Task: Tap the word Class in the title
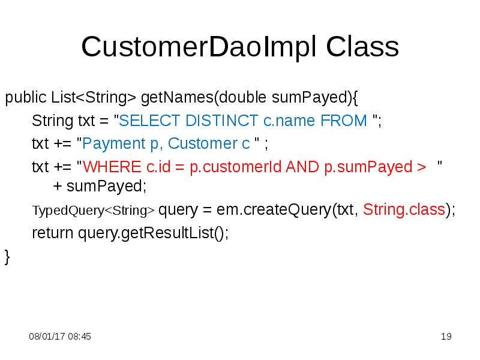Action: [x=363, y=47]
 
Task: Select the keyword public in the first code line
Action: [x=26, y=97]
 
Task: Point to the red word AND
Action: [x=304, y=167]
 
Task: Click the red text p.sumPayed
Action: [x=366, y=167]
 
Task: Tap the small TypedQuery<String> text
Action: [x=93, y=211]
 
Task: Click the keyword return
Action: [x=52, y=233]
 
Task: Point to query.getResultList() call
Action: [x=153, y=233]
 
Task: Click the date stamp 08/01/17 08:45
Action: [x=60, y=337]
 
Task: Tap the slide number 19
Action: [x=445, y=337]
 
